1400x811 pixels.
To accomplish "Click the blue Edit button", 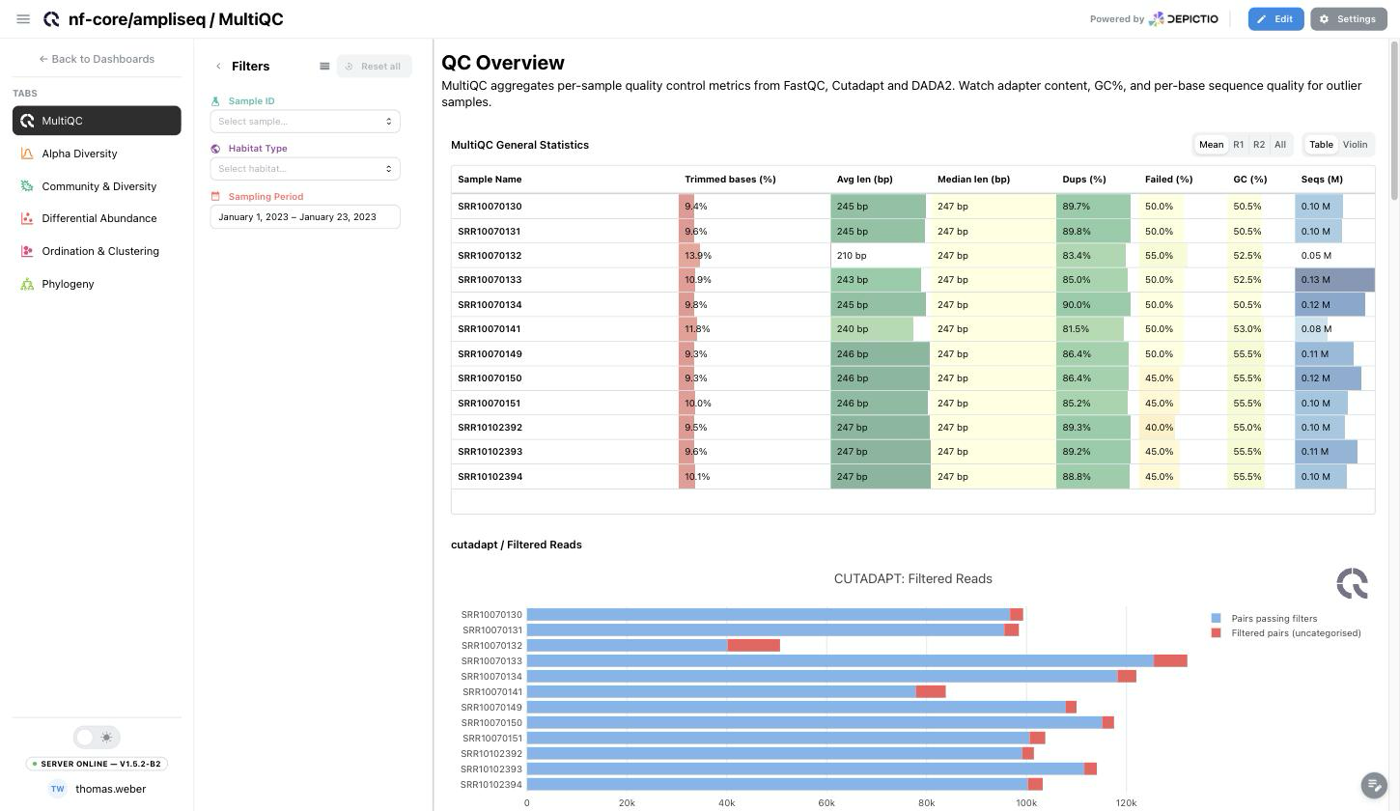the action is [x=1275, y=18].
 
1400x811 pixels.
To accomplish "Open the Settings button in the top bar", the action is [x=1348, y=18].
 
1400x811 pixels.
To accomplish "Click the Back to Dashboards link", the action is [x=97, y=59].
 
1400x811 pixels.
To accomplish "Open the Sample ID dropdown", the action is [x=305, y=122].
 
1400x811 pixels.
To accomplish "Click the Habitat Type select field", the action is [x=305, y=169].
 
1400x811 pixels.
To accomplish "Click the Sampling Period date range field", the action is [x=305, y=217].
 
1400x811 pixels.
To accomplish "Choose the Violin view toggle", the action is [x=1355, y=144].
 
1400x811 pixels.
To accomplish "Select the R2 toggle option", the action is [x=1259, y=144].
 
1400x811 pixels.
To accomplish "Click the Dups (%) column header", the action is [x=1083, y=180].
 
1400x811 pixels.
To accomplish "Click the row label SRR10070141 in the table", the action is [x=489, y=328].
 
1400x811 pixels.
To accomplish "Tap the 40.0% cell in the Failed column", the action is [x=1159, y=428].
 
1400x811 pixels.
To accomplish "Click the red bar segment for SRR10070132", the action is [x=754, y=646].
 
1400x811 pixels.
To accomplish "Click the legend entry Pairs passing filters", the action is [x=1274, y=619].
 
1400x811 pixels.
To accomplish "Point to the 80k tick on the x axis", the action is [x=926, y=803].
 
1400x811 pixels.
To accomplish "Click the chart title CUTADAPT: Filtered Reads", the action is [x=912, y=578].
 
